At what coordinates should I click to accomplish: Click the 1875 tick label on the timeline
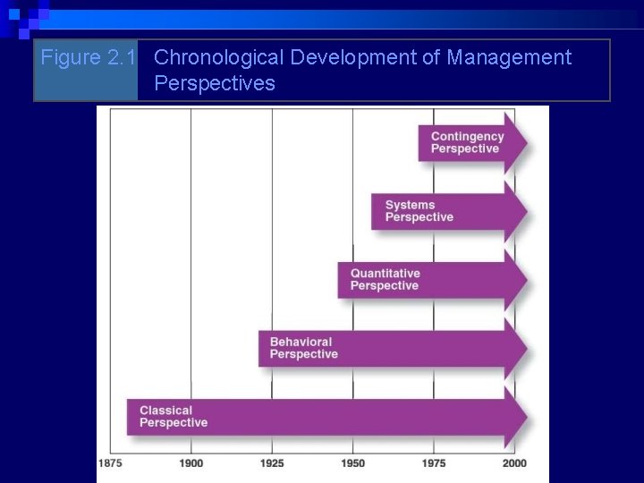coord(110,463)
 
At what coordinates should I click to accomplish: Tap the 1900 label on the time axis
coord(191,463)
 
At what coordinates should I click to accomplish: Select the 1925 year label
coord(272,463)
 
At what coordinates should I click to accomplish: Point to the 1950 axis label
coord(352,463)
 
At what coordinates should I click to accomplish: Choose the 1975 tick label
coord(434,463)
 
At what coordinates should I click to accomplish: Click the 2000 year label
coord(514,463)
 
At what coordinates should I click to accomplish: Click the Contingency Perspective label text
coord(467,143)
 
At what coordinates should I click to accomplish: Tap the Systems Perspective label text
coord(419,211)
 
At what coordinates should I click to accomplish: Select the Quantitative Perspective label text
coord(385,279)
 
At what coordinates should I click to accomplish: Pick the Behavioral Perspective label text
coord(303,348)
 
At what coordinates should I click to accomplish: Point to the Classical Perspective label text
coord(173,417)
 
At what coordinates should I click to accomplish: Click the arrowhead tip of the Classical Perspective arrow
coord(526,417)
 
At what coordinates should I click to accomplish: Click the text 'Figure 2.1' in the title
coord(89,58)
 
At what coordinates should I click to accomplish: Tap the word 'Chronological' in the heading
coord(218,58)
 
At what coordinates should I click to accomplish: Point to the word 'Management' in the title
coord(509,58)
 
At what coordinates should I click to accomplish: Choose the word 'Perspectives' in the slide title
coord(215,84)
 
